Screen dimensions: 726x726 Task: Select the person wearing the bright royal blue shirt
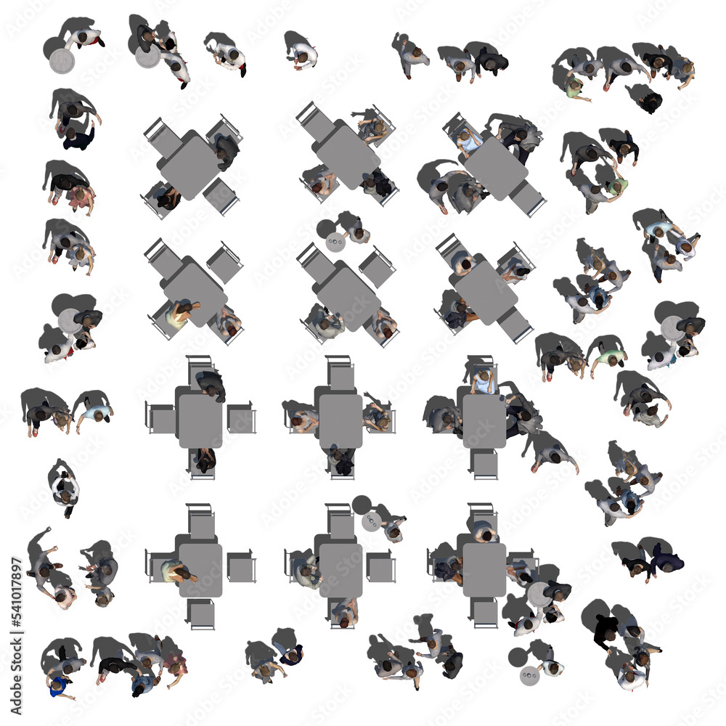coord(58,685)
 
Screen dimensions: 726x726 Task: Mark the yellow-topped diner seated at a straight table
coord(174,572)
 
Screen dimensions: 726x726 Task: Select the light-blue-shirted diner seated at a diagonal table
coord(469,143)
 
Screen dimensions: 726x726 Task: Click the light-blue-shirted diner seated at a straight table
coord(483,380)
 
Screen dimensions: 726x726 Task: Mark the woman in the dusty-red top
coord(174,664)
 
